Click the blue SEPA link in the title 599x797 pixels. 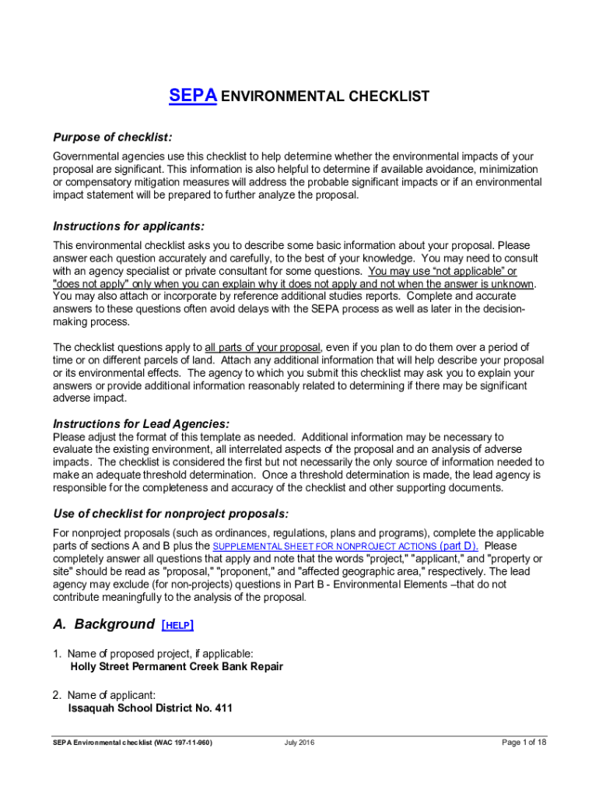(192, 97)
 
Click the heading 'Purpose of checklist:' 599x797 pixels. (112, 138)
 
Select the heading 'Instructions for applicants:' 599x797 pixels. (128, 226)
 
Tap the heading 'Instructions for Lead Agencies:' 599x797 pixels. (141, 424)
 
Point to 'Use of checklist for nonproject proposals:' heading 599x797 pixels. (170, 514)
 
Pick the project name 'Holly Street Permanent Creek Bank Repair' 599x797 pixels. (177, 667)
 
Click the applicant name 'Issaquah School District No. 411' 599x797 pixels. (150, 709)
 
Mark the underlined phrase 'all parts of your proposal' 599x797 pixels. (262, 347)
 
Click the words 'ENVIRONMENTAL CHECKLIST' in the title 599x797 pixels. (325, 97)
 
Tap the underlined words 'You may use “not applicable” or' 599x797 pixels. (442, 271)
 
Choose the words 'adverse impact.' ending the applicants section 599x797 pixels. (89, 398)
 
